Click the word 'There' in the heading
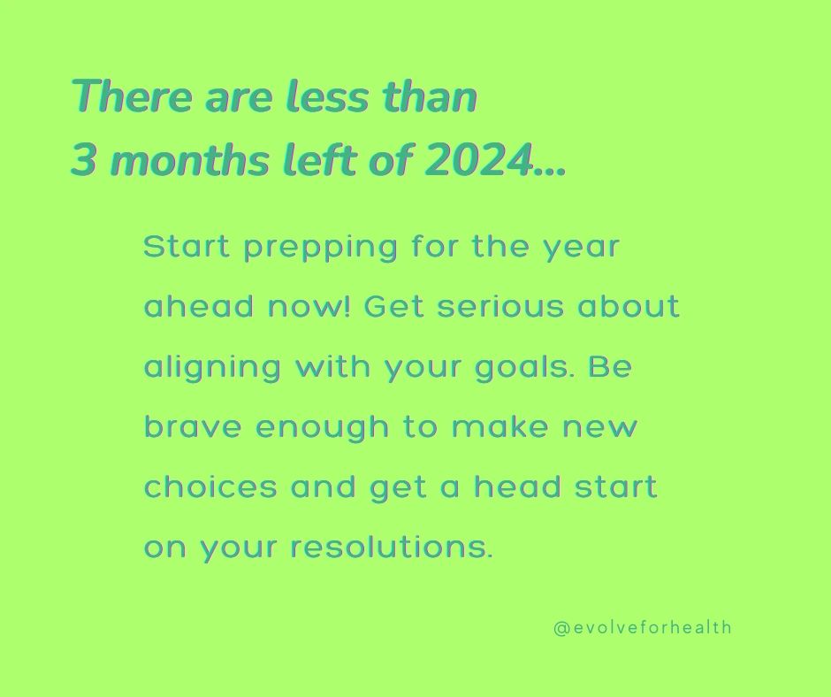point(132,96)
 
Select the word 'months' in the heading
point(189,160)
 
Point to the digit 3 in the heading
point(84,160)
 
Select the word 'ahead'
point(199,306)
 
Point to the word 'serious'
point(500,307)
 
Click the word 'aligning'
point(212,368)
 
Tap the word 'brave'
point(193,426)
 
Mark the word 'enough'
point(322,427)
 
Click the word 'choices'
point(210,486)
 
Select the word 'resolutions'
point(392,547)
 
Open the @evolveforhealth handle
point(643,627)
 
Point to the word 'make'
point(500,426)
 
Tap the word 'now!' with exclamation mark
point(309,307)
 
